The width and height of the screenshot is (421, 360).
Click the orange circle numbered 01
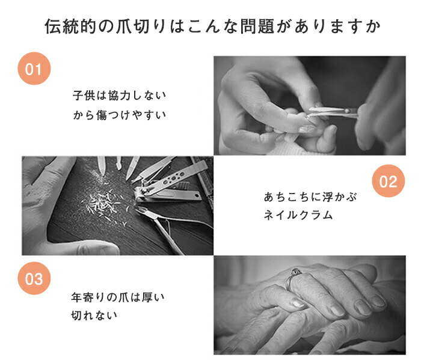coord(34,69)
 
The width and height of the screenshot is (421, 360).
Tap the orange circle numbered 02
coord(389,181)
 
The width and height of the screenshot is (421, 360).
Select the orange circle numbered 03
coord(34,278)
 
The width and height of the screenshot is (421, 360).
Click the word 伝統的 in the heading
coord(71,26)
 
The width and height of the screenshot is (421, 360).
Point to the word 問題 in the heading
coord(257,26)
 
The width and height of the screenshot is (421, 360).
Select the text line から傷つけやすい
coord(119,115)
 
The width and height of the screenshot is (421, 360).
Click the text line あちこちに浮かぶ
coord(310,197)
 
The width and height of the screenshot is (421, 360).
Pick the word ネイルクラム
coord(298,215)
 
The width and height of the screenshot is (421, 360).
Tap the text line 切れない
coord(94,315)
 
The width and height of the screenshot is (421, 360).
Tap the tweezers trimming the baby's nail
coord(333,112)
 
